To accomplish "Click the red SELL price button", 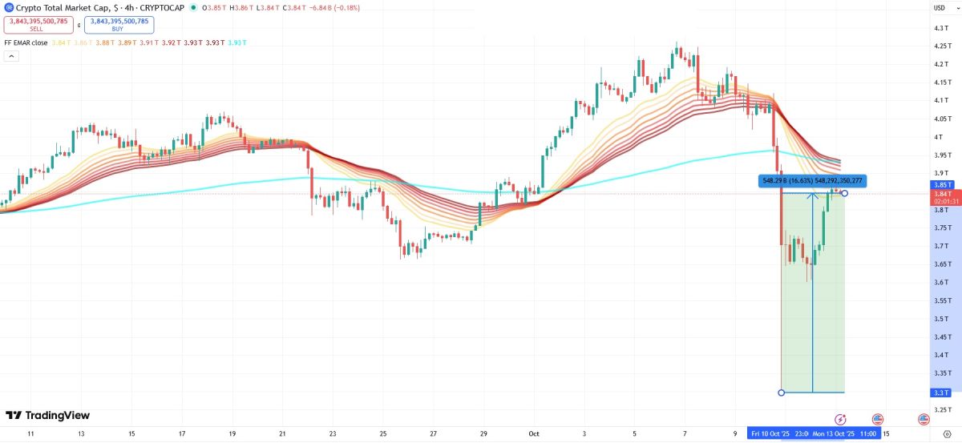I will pyautogui.click(x=38, y=25).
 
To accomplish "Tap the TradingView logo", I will pyautogui.click(x=48, y=415).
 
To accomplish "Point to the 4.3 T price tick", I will pyautogui.click(x=940, y=28).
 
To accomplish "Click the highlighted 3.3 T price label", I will pyautogui.click(x=941, y=393).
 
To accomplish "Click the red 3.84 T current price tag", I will pyautogui.click(x=941, y=193).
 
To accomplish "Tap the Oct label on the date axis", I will pyautogui.click(x=533, y=433).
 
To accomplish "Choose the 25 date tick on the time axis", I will pyautogui.click(x=383, y=433).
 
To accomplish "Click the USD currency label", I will pyautogui.click(x=940, y=7).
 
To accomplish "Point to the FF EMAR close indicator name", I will pyautogui.click(x=25, y=42).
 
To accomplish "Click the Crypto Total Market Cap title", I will pyautogui.click(x=58, y=7).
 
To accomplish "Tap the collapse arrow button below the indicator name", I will pyautogui.click(x=11, y=56).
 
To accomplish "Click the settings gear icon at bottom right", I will pyautogui.click(x=946, y=433).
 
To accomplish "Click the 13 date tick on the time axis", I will pyautogui.click(x=81, y=433).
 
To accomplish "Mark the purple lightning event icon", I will pyautogui.click(x=840, y=419).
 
